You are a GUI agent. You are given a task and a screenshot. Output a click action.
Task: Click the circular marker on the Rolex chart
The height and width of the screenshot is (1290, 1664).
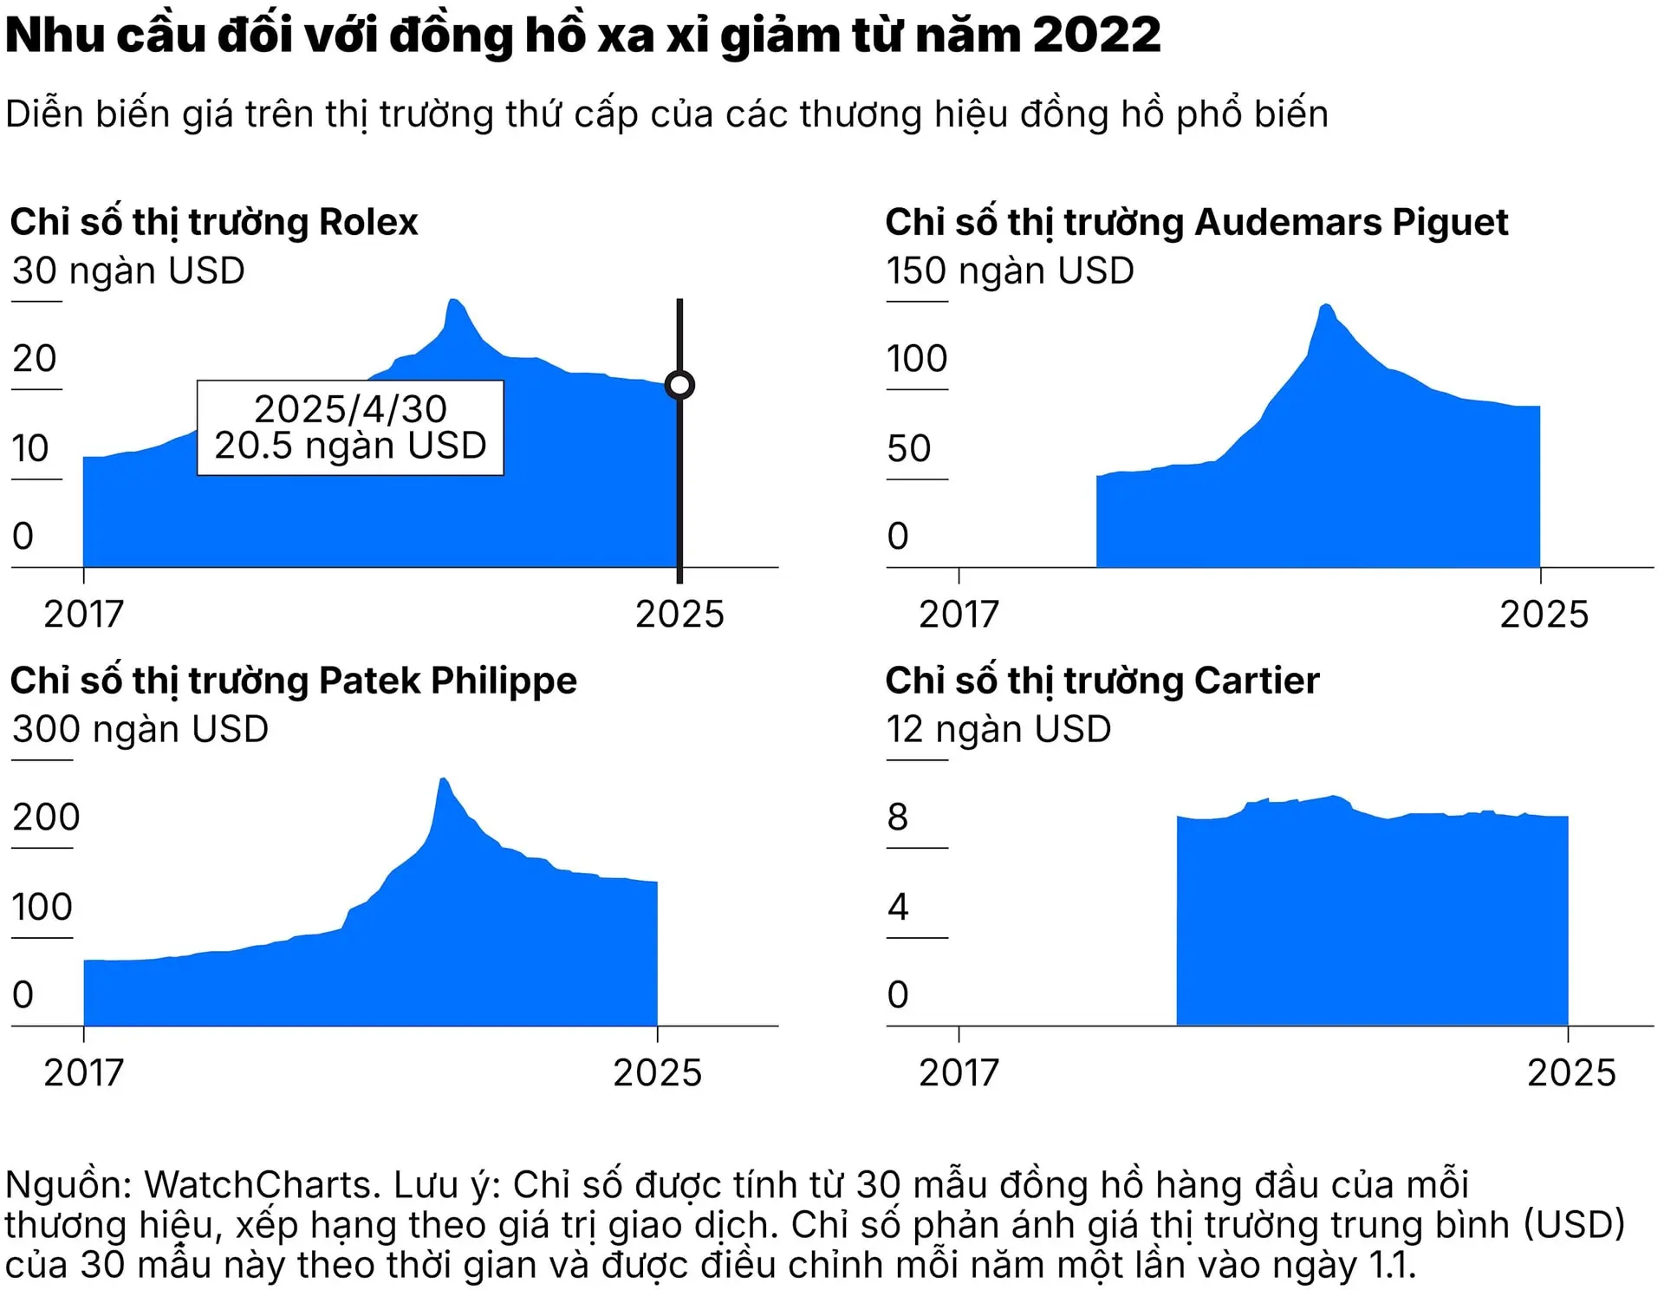pos(679,384)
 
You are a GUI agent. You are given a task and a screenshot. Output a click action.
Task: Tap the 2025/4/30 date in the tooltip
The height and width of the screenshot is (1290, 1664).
pos(350,408)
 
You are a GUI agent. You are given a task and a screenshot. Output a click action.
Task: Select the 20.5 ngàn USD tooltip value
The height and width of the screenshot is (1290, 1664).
pos(350,446)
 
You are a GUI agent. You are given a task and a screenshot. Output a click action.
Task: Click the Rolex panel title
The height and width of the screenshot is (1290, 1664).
pos(214,222)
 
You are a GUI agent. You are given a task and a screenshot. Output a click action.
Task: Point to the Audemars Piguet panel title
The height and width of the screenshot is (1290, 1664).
pos(1196,222)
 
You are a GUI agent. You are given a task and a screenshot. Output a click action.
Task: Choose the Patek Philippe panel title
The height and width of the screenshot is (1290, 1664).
pos(293,681)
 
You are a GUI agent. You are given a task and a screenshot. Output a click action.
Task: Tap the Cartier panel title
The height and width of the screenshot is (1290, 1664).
pos(1102,681)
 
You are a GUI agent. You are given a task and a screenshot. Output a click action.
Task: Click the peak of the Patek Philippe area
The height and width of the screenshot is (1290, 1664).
pos(443,780)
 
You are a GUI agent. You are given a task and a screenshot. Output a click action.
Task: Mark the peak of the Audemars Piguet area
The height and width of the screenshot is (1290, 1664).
pos(1325,306)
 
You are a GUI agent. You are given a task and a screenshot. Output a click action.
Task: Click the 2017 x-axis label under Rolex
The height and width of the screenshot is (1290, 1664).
pos(83,614)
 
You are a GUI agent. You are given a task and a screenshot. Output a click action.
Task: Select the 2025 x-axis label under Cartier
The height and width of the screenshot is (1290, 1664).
pos(1570,1072)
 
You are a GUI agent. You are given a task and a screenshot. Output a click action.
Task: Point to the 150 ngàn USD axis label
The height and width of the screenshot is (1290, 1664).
pos(1010,270)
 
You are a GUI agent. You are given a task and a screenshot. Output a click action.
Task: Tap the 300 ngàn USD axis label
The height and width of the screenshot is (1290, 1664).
pos(140,729)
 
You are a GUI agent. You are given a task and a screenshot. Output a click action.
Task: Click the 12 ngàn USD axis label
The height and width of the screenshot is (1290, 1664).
pos(998,729)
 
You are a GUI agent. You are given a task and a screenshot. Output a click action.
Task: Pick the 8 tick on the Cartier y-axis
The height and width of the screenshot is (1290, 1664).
pos(897,817)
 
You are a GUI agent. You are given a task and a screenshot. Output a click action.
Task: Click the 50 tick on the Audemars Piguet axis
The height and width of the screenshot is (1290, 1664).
pos(908,448)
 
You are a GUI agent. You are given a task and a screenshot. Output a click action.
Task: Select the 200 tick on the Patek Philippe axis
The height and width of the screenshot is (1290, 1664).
pos(46,817)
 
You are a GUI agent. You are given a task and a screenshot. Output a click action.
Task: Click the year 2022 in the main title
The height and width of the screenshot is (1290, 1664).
pos(1096,36)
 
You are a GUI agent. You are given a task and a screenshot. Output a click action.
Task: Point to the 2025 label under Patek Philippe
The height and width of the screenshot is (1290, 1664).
pos(657,1072)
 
